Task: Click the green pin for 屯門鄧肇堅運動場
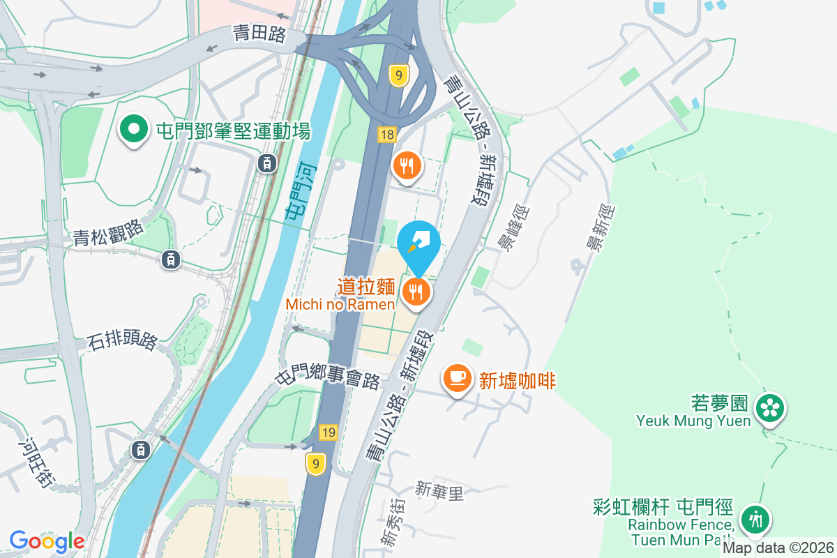pyautogui.click(x=133, y=129)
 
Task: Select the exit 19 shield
pyautogui.click(x=329, y=433)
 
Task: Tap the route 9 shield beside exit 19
pyautogui.click(x=316, y=463)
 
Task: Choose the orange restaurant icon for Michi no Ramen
pyautogui.click(x=416, y=291)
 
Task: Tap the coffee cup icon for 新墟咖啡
pyautogui.click(x=457, y=378)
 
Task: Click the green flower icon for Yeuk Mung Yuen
pyautogui.click(x=771, y=407)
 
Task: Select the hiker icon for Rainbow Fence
pyautogui.click(x=754, y=518)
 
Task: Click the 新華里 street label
pyautogui.click(x=439, y=492)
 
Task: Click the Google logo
pyautogui.click(x=47, y=541)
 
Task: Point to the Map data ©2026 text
pyautogui.click(x=778, y=548)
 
